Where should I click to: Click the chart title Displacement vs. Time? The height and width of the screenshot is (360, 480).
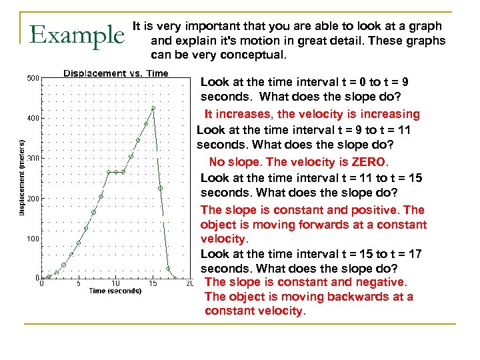click(115, 73)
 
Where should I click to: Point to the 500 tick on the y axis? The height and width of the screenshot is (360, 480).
click(33, 79)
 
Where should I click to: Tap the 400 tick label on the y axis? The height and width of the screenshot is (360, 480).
click(33, 119)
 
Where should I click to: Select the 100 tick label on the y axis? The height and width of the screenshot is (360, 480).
click(33, 239)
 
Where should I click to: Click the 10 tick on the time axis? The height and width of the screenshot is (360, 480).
click(115, 283)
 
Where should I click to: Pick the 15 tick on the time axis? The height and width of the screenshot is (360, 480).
click(153, 283)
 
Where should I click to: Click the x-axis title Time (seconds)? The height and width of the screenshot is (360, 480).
click(115, 291)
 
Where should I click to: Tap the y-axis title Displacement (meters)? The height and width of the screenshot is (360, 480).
click(21, 177)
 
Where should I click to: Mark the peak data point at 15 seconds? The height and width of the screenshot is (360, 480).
click(153, 107)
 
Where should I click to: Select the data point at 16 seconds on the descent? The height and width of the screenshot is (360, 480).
click(161, 189)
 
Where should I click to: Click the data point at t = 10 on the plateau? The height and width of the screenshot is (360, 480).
click(116, 172)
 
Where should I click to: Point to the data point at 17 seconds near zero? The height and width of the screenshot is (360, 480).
click(168, 269)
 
